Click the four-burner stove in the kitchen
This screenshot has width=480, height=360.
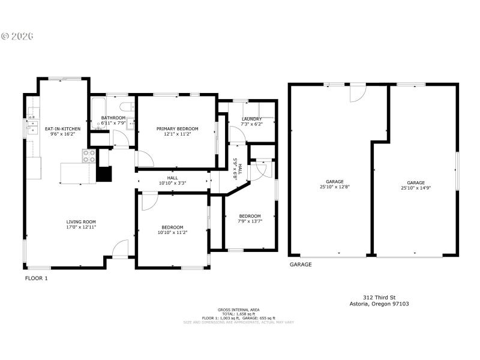[x=88, y=157]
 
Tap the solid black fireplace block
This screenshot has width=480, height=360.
[x=104, y=173]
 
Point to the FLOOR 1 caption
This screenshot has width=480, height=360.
[x=36, y=278]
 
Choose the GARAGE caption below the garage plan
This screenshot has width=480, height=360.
[x=301, y=264]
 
